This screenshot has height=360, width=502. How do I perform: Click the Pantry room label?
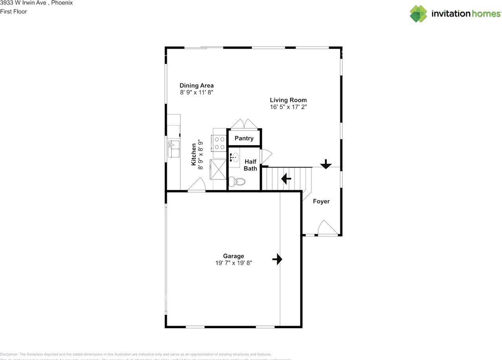pos(244,138)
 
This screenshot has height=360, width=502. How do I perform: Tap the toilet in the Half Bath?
pos(238,182)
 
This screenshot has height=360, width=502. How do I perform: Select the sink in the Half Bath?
pos(234,157)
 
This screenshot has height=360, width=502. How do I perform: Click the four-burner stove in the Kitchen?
pos(220,143)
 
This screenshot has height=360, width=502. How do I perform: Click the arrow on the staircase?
pos(286,179)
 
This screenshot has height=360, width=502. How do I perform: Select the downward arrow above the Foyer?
pos(326,164)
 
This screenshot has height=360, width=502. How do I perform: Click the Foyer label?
pos(321,201)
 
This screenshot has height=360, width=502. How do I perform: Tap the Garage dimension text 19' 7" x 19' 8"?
pos(233,263)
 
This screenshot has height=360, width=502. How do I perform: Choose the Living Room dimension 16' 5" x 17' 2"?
pos(288,107)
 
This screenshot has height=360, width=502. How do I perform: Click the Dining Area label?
pos(196,85)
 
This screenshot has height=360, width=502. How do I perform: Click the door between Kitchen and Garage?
pos(197,185)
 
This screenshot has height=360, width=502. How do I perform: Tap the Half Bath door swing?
pos(265,157)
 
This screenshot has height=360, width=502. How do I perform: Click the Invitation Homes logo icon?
pos(418,14)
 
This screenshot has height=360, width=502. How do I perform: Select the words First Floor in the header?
pos(14,11)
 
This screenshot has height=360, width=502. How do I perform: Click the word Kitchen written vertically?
pos(194,154)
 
